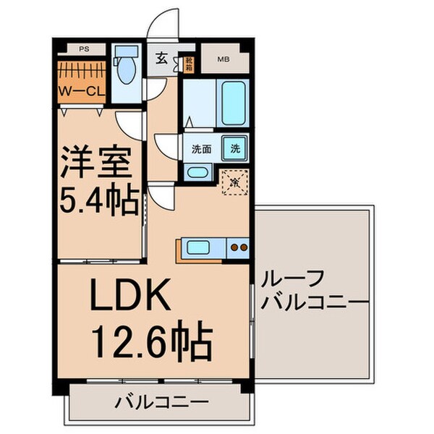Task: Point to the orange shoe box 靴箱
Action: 189,64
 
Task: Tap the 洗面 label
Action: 201,150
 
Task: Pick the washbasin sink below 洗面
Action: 197,172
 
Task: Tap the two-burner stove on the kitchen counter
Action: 238,249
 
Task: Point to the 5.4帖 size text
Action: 98,200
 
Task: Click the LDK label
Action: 130,294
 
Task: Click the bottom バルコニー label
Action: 161,401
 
